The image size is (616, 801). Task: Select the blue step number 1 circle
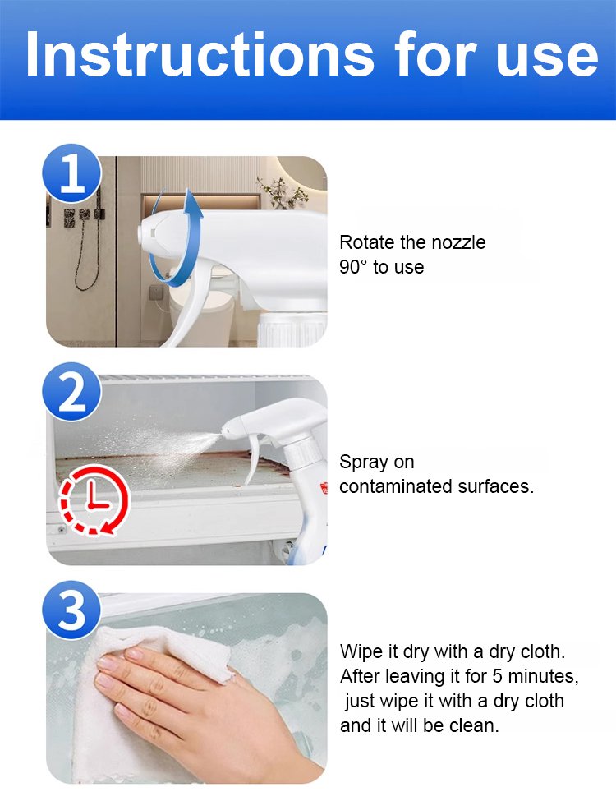(71, 173)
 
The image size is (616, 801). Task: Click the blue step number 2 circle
(71, 391)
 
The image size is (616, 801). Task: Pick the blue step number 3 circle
(71, 610)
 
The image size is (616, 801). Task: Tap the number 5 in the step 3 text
(497, 676)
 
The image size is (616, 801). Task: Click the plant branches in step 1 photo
(283, 193)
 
